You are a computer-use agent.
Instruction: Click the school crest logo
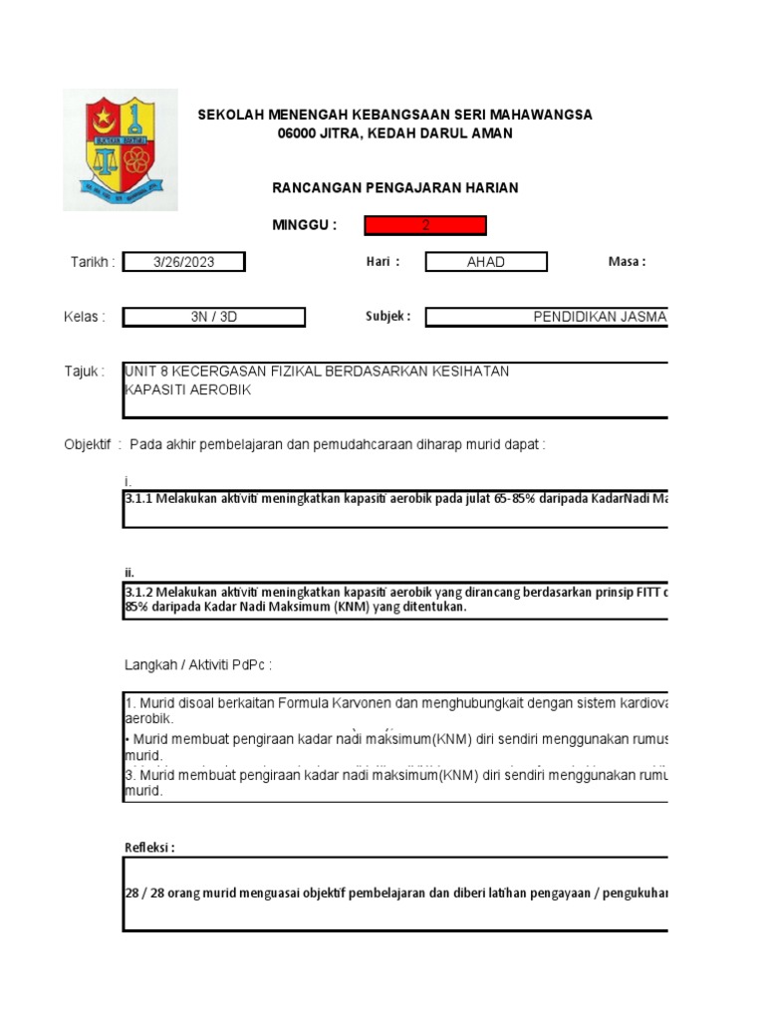pos(121,149)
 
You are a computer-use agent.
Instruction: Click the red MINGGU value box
pos(425,225)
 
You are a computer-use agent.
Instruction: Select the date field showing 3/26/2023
pos(183,262)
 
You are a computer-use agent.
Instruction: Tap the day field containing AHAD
pos(486,262)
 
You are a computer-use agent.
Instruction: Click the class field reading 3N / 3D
pos(214,317)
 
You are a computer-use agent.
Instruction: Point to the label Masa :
pos(627,261)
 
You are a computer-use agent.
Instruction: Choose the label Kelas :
pos(85,317)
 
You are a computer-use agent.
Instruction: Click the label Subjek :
pos(387,317)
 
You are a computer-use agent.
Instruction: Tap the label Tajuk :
pos(85,372)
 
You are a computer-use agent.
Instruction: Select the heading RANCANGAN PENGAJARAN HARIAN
pos(395,187)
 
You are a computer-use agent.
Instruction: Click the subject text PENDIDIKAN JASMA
pos(600,317)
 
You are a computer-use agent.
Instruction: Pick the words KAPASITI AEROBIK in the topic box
pos(187,389)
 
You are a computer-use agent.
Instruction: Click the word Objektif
pos(88,444)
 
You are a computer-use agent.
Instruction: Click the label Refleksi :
pos(149,848)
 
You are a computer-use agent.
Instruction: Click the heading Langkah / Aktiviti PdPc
pos(198,663)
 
